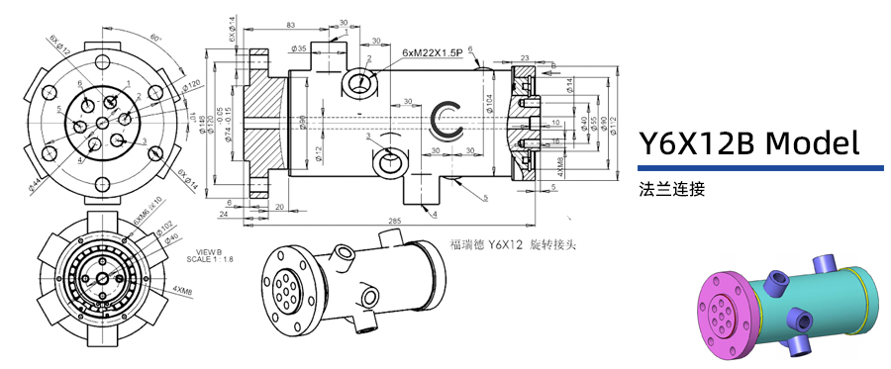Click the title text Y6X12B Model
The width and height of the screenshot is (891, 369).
[747, 143]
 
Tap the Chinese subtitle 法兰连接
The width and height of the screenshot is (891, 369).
[672, 187]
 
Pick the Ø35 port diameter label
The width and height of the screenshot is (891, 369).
[299, 47]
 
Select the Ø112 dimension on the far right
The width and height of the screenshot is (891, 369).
[613, 120]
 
